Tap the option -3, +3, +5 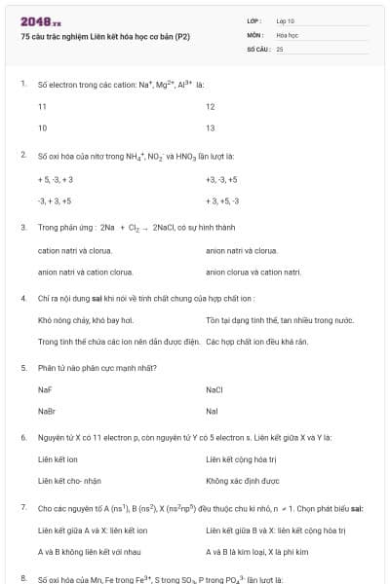click(x=55, y=201)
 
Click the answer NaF click(x=45, y=389)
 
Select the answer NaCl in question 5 click(x=214, y=389)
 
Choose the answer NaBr click(x=46, y=411)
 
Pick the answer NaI click(x=212, y=411)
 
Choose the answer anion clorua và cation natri click(x=253, y=273)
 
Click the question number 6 click(x=22, y=438)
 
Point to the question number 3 click(x=22, y=227)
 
